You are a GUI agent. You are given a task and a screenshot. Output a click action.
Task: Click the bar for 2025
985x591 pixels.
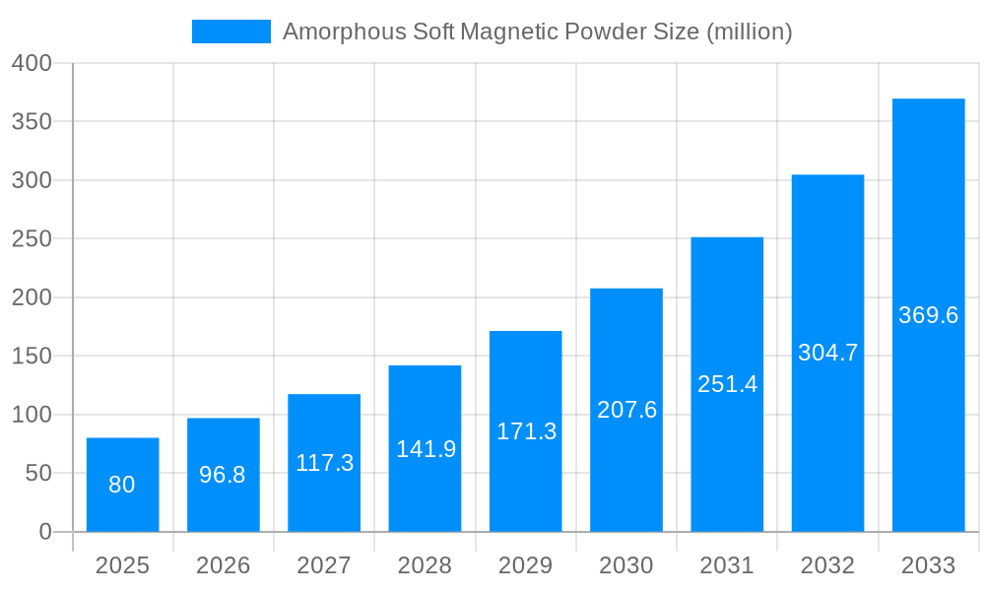click(x=122, y=485)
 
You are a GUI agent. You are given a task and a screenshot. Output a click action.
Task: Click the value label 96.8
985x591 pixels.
click(x=223, y=475)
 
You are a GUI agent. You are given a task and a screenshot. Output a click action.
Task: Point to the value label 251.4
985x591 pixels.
click(x=727, y=384)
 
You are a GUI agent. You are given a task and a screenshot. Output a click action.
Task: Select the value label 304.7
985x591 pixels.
click(x=827, y=353)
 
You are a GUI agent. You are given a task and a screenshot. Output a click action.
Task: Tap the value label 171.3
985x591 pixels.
click(x=526, y=431)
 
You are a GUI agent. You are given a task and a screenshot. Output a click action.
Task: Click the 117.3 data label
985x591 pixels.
click(x=324, y=463)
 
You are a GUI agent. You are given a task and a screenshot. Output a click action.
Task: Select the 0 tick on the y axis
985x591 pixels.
click(x=44, y=532)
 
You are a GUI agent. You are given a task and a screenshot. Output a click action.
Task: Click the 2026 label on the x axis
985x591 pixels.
click(x=223, y=565)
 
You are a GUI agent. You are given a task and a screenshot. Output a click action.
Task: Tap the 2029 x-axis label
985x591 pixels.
click(x=525, y=565)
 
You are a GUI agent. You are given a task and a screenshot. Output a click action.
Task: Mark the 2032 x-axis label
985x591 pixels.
click(x=827, y=565)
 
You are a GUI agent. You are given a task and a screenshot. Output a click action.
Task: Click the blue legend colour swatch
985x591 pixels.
click(x=230, y=32)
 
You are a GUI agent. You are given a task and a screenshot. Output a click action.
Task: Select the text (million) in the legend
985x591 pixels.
click(x=750, y=32)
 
